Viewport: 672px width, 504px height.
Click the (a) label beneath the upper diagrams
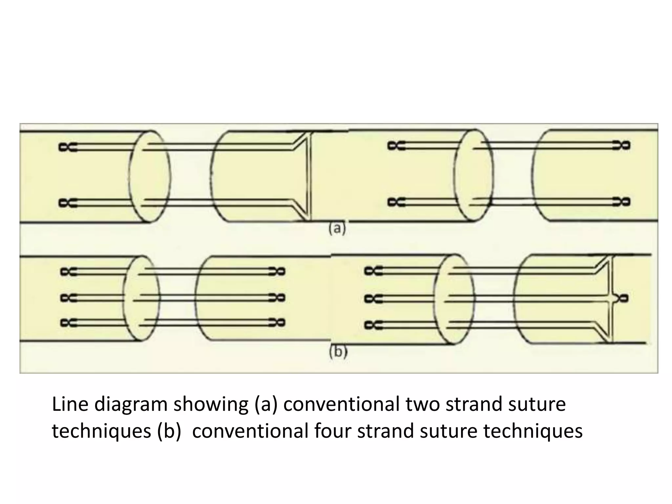point(337,229)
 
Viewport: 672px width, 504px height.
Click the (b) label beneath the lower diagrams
point(338,352)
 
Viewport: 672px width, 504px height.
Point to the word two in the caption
point(422,405)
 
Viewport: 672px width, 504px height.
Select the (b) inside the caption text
point(169,431)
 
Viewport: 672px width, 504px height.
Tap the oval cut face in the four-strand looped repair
point(454,299)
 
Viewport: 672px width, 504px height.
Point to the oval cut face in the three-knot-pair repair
point(142,298)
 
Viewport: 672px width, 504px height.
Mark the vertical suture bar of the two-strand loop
point(309,177)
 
